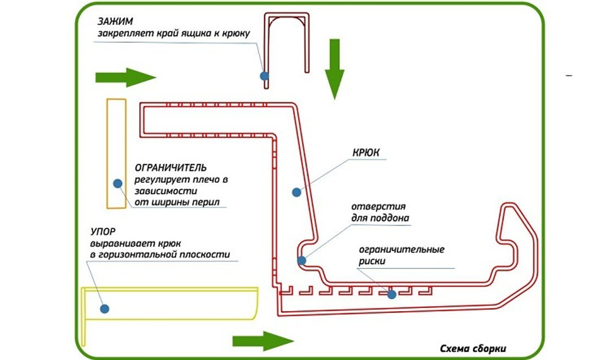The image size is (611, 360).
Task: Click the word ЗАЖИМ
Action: click(115, 21)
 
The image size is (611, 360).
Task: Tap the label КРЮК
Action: click(366, 152)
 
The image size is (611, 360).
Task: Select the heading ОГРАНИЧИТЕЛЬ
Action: click(170, 168)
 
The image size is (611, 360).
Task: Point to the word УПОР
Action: click(103, 232)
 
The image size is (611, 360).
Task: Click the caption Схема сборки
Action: click(473, 349)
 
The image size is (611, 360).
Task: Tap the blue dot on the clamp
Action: click(265, 76)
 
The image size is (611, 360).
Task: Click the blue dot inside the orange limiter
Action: click(118, 183)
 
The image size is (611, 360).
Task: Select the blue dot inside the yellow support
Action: click(104, 309)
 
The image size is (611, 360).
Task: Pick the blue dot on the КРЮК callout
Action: click(296, 192)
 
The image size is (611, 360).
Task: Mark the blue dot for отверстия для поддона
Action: click(302, 260)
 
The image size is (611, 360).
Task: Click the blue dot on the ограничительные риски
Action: click(392, 295)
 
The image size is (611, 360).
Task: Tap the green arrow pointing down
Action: click(335, 69)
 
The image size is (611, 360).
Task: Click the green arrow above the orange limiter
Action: click(125, 77)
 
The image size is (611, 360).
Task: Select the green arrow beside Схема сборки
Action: click(263, 341)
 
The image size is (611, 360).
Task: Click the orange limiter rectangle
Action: click(117, 153)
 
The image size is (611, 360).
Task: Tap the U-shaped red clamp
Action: click(287, 51)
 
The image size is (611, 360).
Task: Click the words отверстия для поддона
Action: click(380, 212)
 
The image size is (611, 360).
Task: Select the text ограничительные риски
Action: click(401, 255)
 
